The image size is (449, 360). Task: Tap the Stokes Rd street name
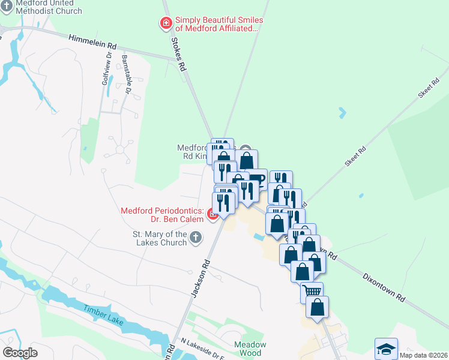click(x=178, y=54)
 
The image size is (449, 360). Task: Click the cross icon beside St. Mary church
click(x=195, y=238)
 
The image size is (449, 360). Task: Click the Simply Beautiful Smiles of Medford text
click(x=219, y=24)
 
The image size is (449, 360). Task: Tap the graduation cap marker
click(x=385, y=349)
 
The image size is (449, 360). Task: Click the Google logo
click(x=20, y=353)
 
